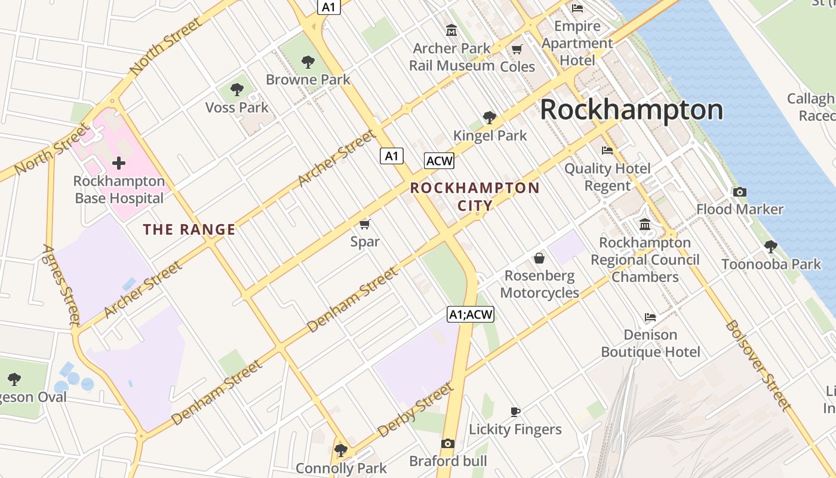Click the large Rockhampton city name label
(631, 111)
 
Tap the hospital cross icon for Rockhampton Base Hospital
(119, 163)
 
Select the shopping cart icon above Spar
(365, 224)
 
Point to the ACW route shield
(439, 161)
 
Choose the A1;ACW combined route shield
(471, 314)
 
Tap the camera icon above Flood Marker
(740, 192)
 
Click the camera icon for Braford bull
(448, 443)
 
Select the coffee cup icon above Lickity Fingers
(515, 411)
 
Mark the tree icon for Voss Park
(237, 90)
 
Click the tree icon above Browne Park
(308, 62)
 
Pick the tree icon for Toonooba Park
(771, 246)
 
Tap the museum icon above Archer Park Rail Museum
(451, 30)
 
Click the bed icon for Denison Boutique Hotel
(650, 317)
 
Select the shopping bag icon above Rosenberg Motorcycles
(539, 258)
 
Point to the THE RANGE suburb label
(189, 229)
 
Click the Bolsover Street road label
(758, 366)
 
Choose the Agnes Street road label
(62, 285)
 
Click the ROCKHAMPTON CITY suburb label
(475, 197)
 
